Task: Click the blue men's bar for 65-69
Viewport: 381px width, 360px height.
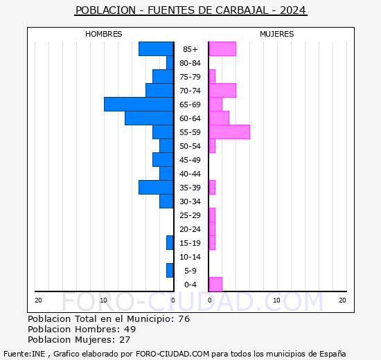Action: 139,104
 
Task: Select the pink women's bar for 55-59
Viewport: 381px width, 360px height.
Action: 229,132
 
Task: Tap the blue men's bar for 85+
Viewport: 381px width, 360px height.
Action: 156,48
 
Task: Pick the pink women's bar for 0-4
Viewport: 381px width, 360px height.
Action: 215,284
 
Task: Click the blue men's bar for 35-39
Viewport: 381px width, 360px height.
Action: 156,187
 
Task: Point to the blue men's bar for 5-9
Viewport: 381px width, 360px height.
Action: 170,270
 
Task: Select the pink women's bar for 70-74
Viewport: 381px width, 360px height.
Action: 222,90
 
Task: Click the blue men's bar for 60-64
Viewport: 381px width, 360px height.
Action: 149,118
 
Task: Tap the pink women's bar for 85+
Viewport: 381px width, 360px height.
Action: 222,48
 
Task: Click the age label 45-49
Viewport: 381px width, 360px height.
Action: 190,160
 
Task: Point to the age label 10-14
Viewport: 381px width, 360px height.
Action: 190,257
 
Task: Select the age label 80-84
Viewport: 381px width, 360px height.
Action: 190,63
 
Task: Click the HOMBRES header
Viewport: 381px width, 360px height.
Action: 104,34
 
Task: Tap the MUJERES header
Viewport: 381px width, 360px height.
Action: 276,34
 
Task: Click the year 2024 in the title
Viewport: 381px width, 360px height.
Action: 293,10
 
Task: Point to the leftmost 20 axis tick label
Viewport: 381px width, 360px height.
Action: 38,300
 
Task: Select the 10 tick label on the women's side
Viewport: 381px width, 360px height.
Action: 276,300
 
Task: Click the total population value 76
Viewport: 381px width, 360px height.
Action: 183,319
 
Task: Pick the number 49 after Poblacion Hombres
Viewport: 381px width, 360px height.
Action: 130,330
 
